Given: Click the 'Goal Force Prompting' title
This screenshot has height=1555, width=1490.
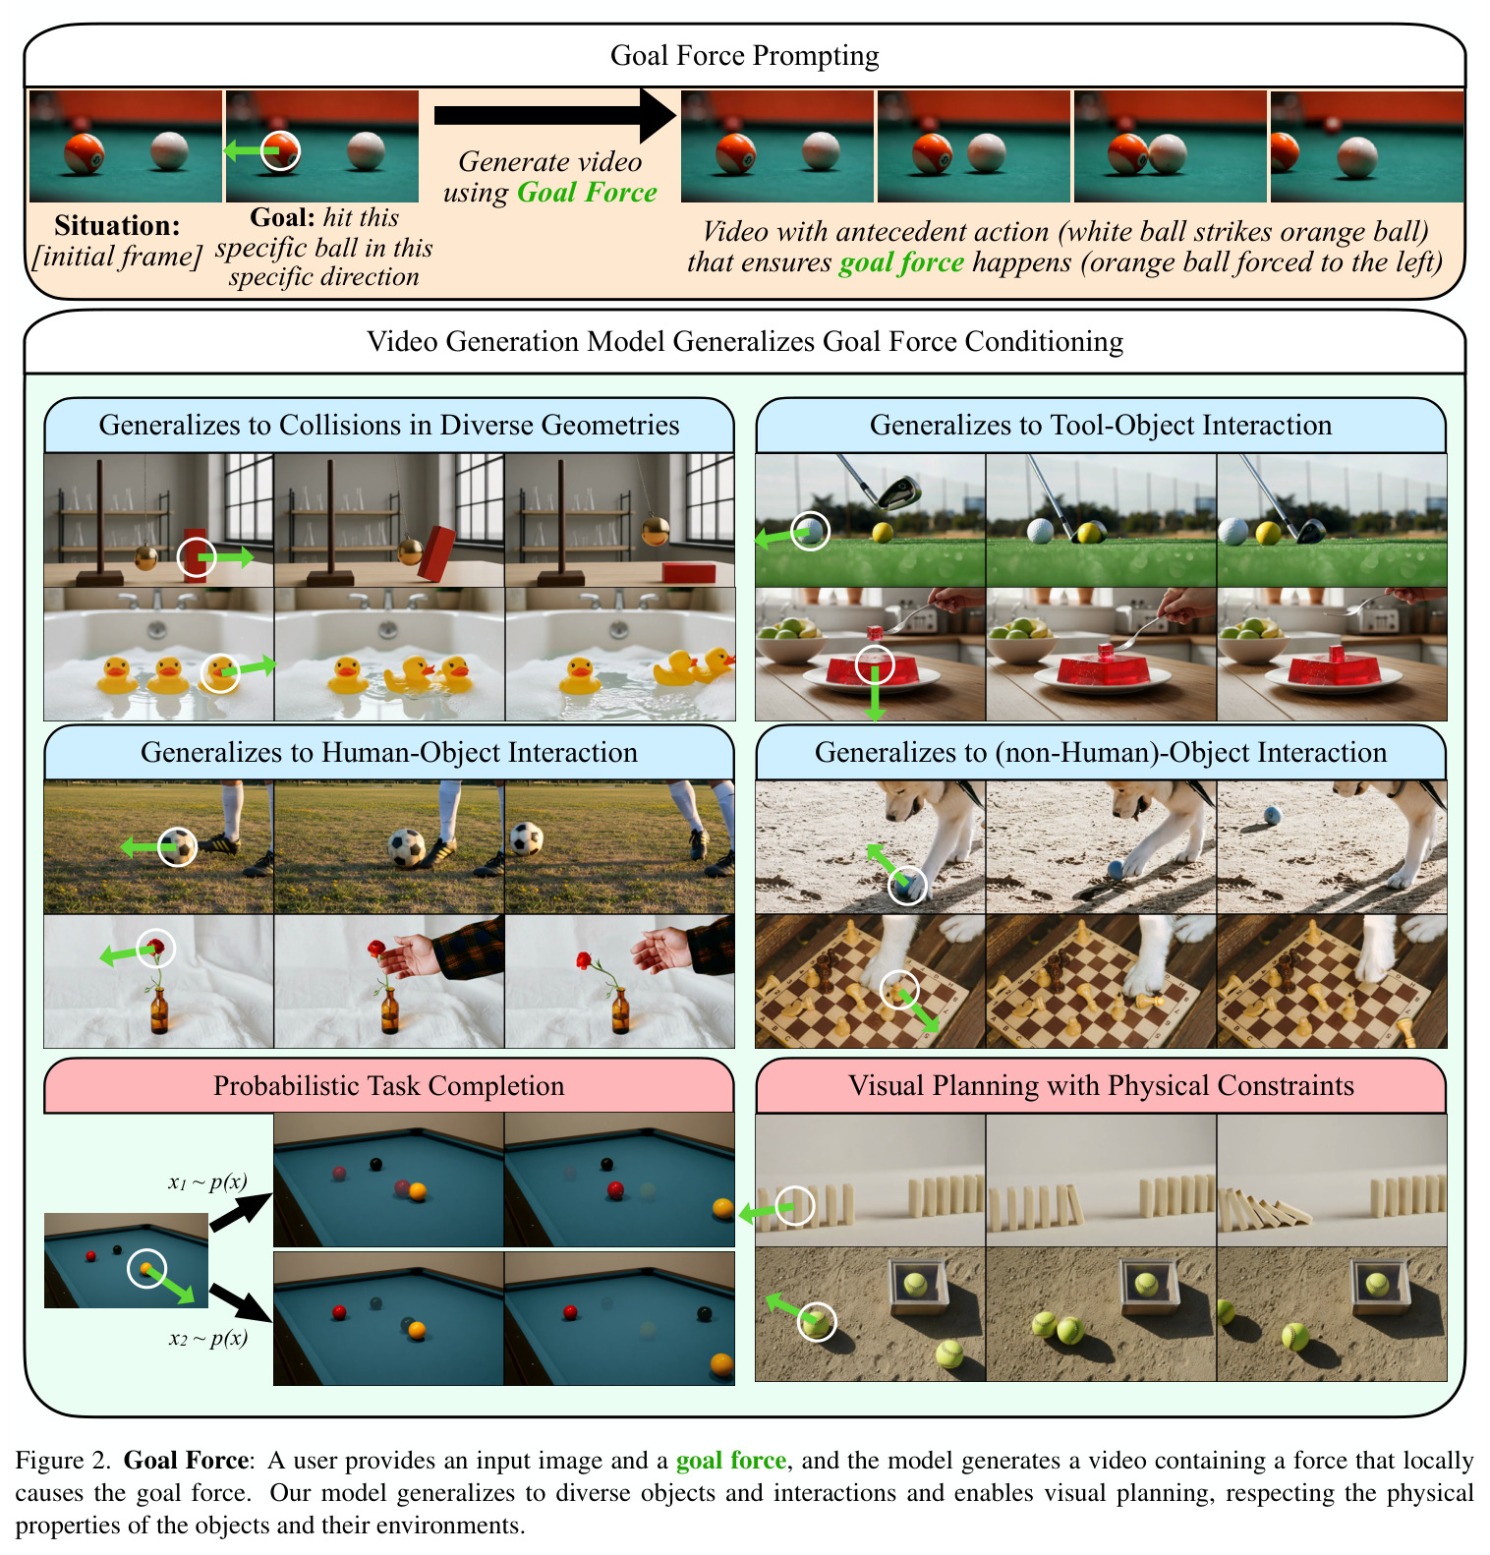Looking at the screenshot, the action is [x=744, y=56].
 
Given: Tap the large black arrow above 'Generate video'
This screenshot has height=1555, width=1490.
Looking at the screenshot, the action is [x=555, y=116].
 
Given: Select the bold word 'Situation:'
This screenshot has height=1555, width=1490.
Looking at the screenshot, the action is [x=117, y=225].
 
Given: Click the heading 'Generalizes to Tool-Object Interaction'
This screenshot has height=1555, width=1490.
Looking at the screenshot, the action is [x=1101, y=425].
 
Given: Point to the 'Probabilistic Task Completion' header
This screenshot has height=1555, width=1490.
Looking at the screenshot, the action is [x=389, y=1085].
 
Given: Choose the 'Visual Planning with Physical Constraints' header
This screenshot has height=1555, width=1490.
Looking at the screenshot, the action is [x=1101, y=1085].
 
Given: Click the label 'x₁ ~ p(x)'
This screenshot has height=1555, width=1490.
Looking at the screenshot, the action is [x=207, y=1182].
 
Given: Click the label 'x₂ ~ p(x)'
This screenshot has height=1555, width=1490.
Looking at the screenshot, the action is [x=207, y=1338].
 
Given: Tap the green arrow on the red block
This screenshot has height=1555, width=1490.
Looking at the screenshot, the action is [x=225, y=558].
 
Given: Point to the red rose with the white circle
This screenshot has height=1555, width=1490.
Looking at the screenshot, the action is [x=155, y=947].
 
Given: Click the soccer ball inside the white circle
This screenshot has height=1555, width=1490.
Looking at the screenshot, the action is [x=180, y=846].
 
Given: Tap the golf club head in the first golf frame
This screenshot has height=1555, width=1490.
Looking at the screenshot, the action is [x=898, y=492].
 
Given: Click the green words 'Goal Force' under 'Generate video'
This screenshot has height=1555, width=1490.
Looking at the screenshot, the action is [x=587, y=192].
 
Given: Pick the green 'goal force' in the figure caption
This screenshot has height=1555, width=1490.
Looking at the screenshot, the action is [x=731, y=1461].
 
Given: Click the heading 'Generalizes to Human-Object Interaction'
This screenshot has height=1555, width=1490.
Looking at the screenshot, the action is [x=389, y=752].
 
